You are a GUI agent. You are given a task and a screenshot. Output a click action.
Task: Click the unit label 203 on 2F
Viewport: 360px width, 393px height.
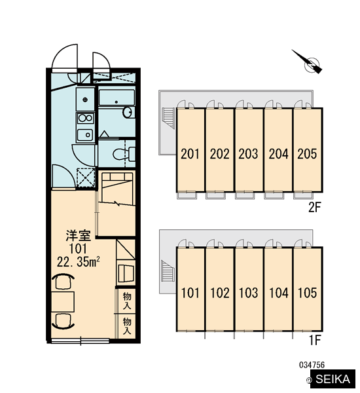(248, 154)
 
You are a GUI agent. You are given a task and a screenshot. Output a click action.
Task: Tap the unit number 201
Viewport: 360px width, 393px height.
(190, 154)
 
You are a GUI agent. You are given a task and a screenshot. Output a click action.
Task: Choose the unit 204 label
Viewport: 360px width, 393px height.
(279, 154)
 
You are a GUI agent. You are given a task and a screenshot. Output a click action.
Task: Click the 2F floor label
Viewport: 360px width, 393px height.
(314, 207)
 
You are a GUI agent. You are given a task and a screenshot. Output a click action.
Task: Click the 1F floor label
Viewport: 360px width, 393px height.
(315, 340)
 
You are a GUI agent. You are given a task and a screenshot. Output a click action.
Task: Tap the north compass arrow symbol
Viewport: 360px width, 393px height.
(308, 62)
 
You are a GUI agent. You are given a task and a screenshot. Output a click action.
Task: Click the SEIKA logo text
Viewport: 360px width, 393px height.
(333, 379)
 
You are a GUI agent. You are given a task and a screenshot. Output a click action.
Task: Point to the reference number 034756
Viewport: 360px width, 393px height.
(312, 365)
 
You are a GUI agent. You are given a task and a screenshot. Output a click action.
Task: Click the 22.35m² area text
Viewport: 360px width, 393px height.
(78, 262)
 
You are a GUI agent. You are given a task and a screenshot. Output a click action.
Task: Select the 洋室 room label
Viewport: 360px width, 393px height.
(78, 235)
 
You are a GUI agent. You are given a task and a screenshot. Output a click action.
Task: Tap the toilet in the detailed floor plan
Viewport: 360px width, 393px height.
(124, 154)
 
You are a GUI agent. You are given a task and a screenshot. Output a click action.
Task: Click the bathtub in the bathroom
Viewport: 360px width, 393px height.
(117, 97)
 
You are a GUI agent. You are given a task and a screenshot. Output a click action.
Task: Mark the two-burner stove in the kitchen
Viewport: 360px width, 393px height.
(86, 119)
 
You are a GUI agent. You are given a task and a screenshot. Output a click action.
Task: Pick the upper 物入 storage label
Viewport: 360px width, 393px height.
(127, 301)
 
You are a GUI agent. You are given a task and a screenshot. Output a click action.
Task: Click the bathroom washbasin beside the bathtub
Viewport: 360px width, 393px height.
(128, 112)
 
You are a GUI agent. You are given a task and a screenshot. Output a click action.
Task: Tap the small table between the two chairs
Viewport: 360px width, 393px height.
(63, 302)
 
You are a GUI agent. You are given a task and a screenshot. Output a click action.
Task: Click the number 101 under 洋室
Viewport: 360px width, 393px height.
(78, 249)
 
